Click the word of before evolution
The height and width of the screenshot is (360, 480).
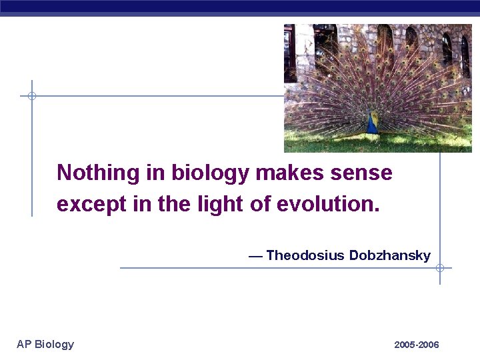260,204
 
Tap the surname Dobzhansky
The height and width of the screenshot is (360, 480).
390,255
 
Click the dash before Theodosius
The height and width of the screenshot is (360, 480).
255,256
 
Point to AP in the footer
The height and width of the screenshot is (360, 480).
24,344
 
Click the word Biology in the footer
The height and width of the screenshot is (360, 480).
54,344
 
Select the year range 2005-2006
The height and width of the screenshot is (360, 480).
417,345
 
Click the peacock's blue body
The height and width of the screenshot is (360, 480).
372,123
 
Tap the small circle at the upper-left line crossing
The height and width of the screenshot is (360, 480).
31,96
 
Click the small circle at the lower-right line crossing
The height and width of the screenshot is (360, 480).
440,268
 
